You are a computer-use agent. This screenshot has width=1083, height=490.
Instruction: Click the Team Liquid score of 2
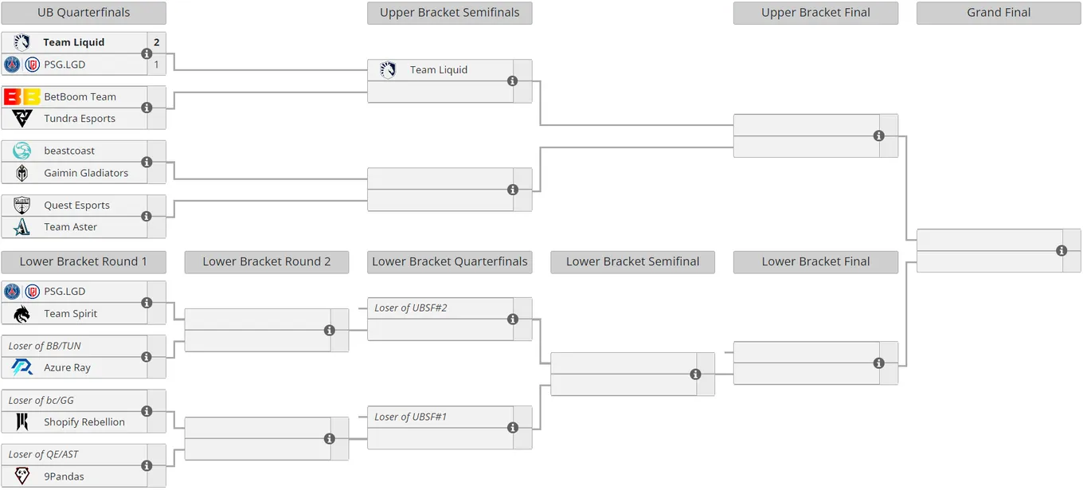tap(157, 42)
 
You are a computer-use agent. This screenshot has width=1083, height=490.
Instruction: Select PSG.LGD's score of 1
tap(156, 65)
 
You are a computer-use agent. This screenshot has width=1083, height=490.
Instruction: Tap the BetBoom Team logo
tap(22, 96)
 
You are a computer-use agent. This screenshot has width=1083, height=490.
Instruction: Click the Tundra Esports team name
tap(80, 119)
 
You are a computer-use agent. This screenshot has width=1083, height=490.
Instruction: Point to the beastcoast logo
tap(22, 151)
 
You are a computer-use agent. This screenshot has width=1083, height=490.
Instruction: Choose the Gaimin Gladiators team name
tap(86, 173)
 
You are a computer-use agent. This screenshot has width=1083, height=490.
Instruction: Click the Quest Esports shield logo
tap(22, 205)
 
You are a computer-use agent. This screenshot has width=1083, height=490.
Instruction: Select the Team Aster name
tap(71, 227)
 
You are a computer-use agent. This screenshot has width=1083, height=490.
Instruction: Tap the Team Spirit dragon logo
tap(22, 314)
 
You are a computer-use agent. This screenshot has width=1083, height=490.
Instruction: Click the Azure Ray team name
tap(67, 367)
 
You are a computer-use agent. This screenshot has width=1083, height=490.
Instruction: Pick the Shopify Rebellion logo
tap(22, 421)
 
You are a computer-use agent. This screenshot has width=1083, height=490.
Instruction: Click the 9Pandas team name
tap(64, 476)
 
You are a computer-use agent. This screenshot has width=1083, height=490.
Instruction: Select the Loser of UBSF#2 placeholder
tap(410, 308)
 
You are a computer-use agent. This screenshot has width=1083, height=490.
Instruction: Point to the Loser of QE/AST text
tap(43, 455)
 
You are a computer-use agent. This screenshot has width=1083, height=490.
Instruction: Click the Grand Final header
tap(999, 13)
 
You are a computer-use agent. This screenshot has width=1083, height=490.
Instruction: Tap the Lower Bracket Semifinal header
tap(632, 261)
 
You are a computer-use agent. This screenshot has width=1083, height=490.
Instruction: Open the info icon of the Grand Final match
tap(1061, 250)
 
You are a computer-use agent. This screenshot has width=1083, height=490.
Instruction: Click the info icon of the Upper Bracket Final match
tap(879, 136)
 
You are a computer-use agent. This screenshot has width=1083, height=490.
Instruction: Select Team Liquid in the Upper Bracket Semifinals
tap(439, 70)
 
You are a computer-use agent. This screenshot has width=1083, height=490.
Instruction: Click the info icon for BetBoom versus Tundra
tap(147, 108)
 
